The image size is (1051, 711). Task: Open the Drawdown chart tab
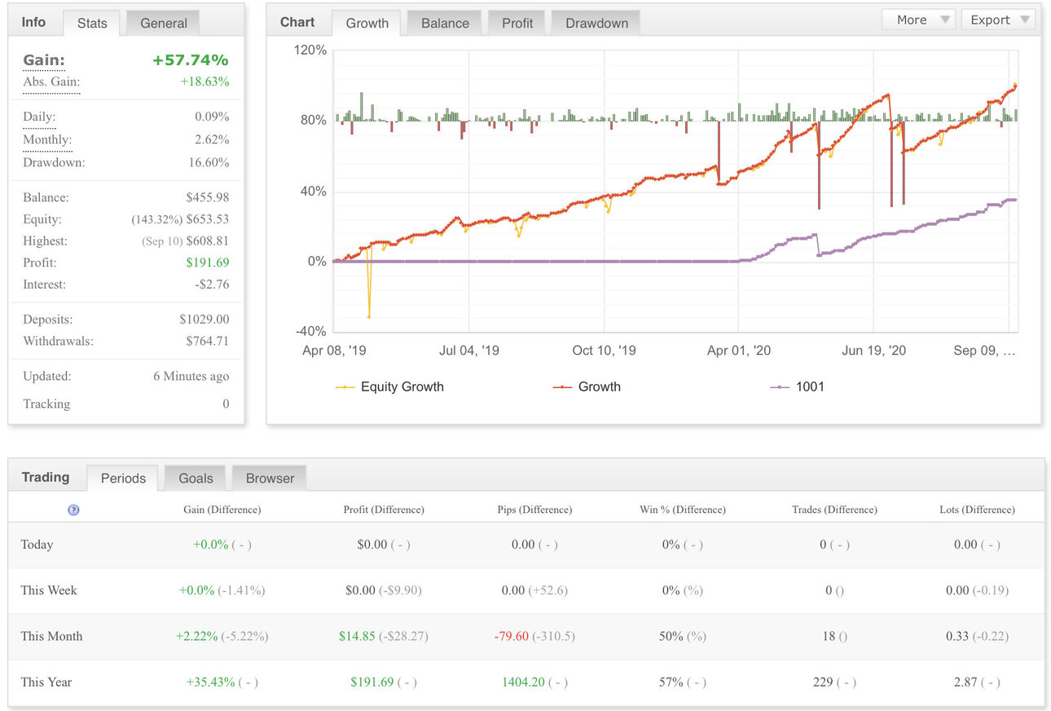pyautogui.click(x=596, y=23)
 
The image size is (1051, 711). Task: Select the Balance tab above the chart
pyautogui.click(x=445, y=23)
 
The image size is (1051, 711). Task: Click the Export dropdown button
pyautogui.click(x=999, y=20)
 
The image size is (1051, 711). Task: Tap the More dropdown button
pyautogui.click(x=919, y=20)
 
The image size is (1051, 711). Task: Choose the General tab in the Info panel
pyautogui.click(x=163, y=23)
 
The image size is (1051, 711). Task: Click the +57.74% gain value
pyautogui.click(x=191, y=60)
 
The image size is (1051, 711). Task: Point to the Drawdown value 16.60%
pyautogui.click(x=209, y=162)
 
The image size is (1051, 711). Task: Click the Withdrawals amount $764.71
pyautogui.click(x=208, y=341)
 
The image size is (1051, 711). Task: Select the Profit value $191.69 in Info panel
pyautogui.click(x=208, y=263)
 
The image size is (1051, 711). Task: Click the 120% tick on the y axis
pyautogui.click(x=310, y=50)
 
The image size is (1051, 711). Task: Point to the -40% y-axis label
pyautogui.click(x=310, y=331)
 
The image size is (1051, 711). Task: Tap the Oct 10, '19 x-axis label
pyautogui.click(x=604, y=351)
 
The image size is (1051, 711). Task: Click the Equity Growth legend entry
pyautogui.click(x=389, y=386)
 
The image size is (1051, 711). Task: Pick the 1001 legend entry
pyautogui.click(x=797, y=386)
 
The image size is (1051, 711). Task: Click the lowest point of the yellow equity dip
pyautogui.click(x=369, y=317)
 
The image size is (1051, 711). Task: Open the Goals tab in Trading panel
pyautogui.click(x=196, y=478)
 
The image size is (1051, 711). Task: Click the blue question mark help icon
pyautogui.click(x=73, y=510)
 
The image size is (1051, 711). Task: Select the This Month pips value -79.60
pyautogui.click(x=512, y=636)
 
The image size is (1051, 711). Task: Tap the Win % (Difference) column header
pyautogui.click(x=683, y=510)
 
